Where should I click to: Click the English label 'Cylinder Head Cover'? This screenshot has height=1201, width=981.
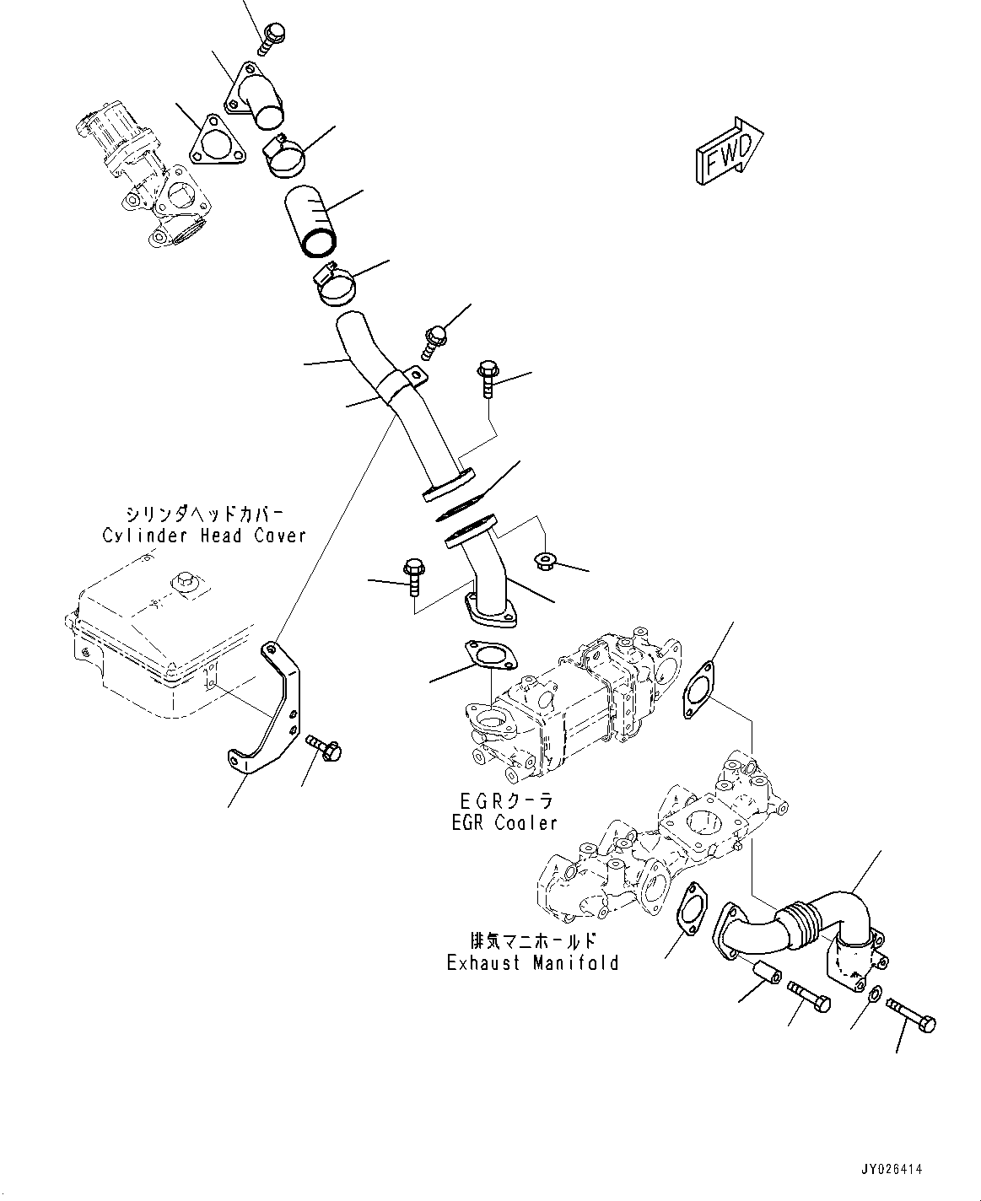coord(203,535)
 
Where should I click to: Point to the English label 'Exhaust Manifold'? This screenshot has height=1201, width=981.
coord(532,962)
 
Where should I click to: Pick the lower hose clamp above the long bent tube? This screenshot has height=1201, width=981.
coord(334,286)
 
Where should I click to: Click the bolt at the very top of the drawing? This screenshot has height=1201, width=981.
coord(272,37)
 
